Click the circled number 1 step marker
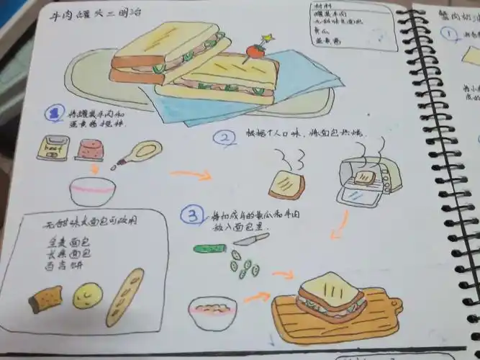pos(53,113)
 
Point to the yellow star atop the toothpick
pos(268,37)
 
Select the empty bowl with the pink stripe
pos(93,190)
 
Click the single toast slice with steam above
pos(287,185)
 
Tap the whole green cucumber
pos(209,249)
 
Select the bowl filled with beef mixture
pos(212,312)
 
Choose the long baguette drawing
pos(125,296)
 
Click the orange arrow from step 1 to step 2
pos(190,174)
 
